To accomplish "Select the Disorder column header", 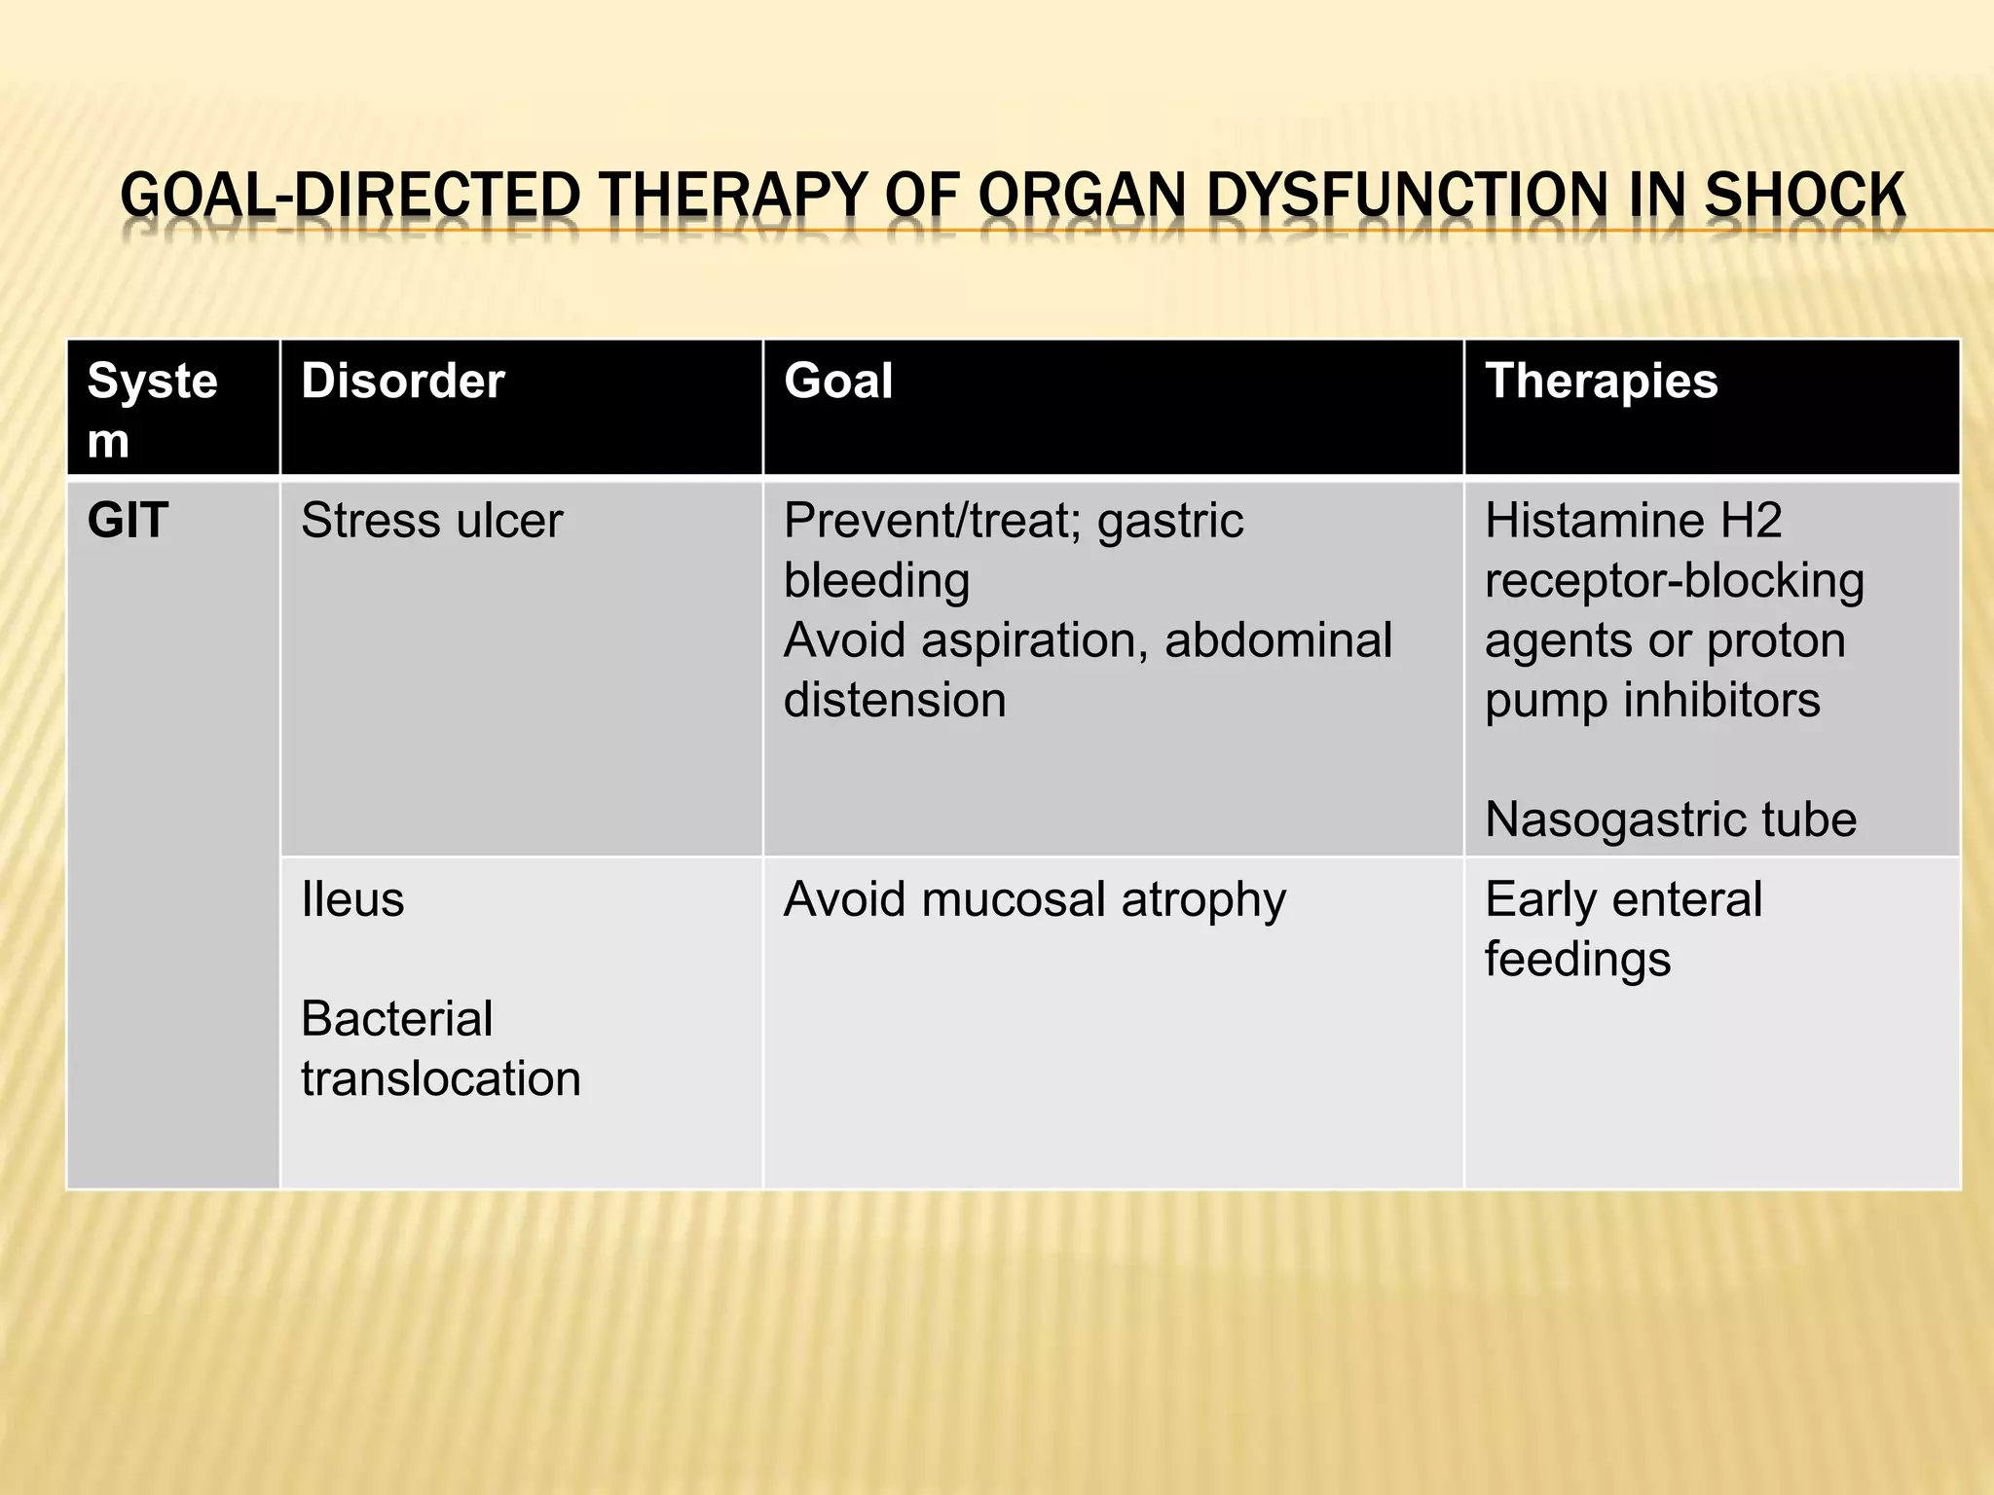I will tap(402, 381).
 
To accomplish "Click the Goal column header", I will tap(837, 381).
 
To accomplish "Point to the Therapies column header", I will tap(1601, 381).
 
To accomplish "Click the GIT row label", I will tap(128, 521).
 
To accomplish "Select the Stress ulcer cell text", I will tap(431, 521).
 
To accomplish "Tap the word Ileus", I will tap(351, 899).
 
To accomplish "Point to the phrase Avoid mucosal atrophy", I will tap(1034, 899).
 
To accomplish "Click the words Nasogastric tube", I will tap(1670, 820).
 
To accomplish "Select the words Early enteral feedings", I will tap(1622, 929).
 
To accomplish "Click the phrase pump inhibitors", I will tap(1651, 700).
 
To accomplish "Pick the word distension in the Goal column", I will tap(894, 700).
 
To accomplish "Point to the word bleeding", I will tap(876, 581).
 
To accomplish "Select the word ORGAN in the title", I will tap(1082, 196).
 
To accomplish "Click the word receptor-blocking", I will tap(1674, 581).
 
